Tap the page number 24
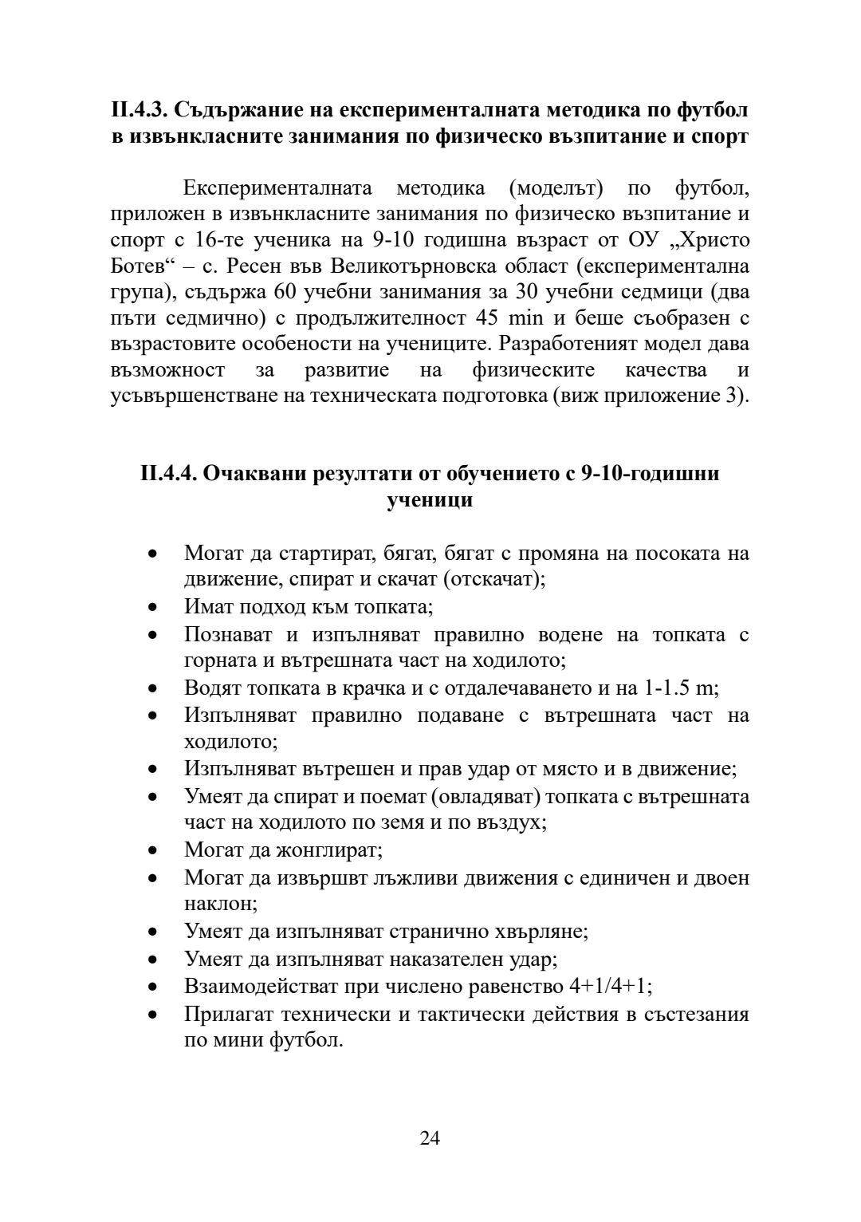[430, 1137]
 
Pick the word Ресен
[258, 266]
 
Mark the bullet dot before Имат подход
[152, 608]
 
